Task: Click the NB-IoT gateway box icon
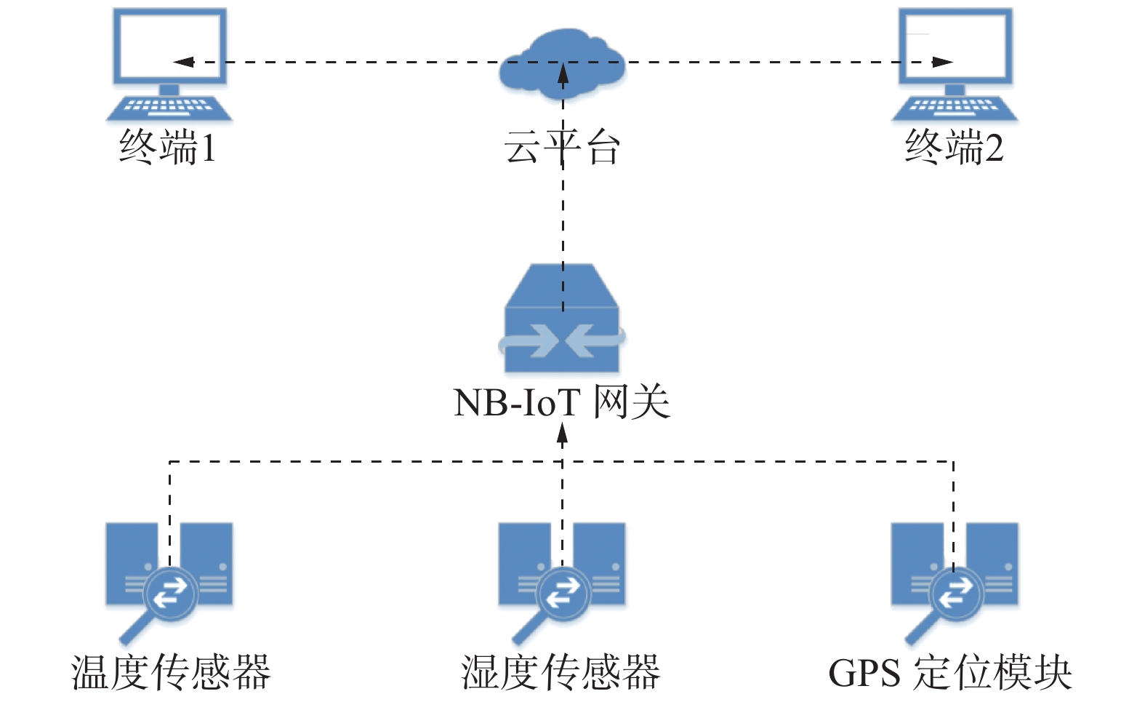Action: [562, 320]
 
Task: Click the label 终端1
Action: [168, 148]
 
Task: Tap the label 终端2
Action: [954, 148]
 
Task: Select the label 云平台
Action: [562, 148]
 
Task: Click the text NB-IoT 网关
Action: [561, 402]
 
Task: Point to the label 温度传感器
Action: [171, 672]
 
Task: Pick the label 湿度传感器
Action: [561, 672]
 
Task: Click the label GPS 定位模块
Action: [950, 672]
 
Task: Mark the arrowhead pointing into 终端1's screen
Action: [183, 62]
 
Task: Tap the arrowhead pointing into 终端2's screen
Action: [942, 62]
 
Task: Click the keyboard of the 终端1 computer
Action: [169, 108]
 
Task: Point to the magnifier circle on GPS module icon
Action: [956, 593]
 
